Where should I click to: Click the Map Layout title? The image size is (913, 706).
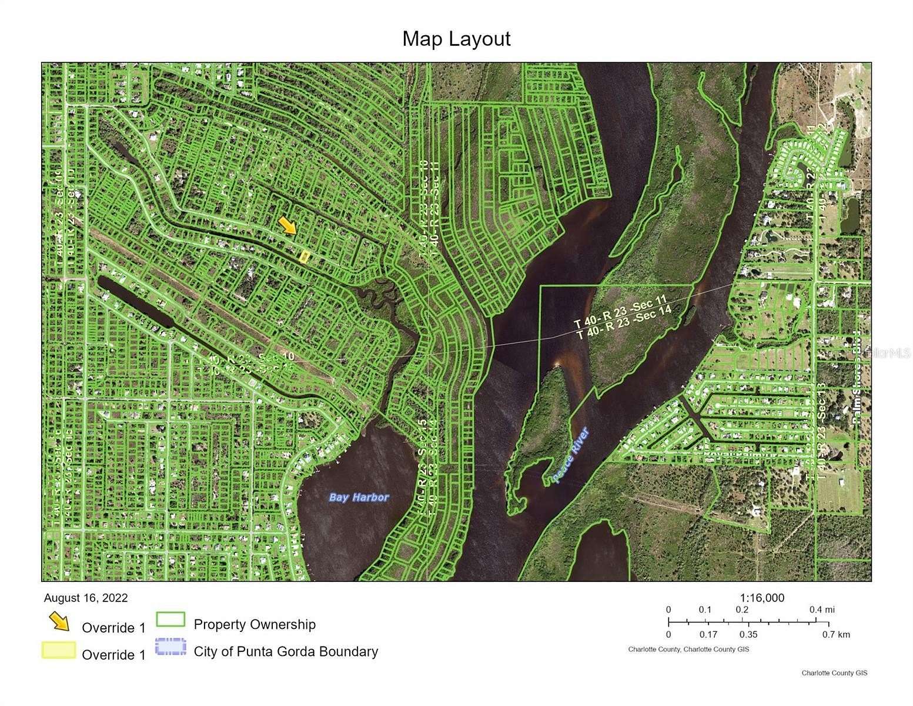coord(456,39)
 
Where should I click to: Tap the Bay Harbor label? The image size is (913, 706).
coord(359,497)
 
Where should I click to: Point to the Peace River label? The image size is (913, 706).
coord(570,455)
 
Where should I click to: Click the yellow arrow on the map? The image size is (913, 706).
coord(287,225)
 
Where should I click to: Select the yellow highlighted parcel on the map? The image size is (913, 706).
coord(305,256)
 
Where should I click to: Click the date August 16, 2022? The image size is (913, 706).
coord(86,598)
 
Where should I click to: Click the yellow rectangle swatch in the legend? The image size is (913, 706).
coord(58,650)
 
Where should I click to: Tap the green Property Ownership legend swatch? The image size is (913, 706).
coord(170,620)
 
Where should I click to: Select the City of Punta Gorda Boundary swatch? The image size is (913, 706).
coord(170,647)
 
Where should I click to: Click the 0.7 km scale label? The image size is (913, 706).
coord(836,634)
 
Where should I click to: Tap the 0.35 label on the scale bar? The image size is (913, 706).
coord(748,634)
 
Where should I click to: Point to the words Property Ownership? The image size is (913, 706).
coord(255,624)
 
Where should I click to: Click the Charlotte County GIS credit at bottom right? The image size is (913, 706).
coord(834,673)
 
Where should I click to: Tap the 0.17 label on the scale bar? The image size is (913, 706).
coord(709,634)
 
